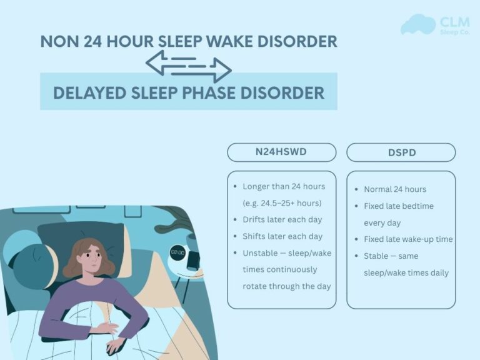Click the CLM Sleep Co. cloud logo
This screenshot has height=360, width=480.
[417, 24]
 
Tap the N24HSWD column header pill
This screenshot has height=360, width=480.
[281, 152]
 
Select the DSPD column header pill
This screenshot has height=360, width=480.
[401, 152]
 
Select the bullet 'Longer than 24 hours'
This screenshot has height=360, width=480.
[284, 186]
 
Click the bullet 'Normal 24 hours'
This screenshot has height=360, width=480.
[395, 189]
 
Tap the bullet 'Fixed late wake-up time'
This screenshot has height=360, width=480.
[408, 239]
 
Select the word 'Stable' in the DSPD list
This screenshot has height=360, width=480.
[377, 256]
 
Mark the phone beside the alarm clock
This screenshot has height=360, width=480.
[194, 261]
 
